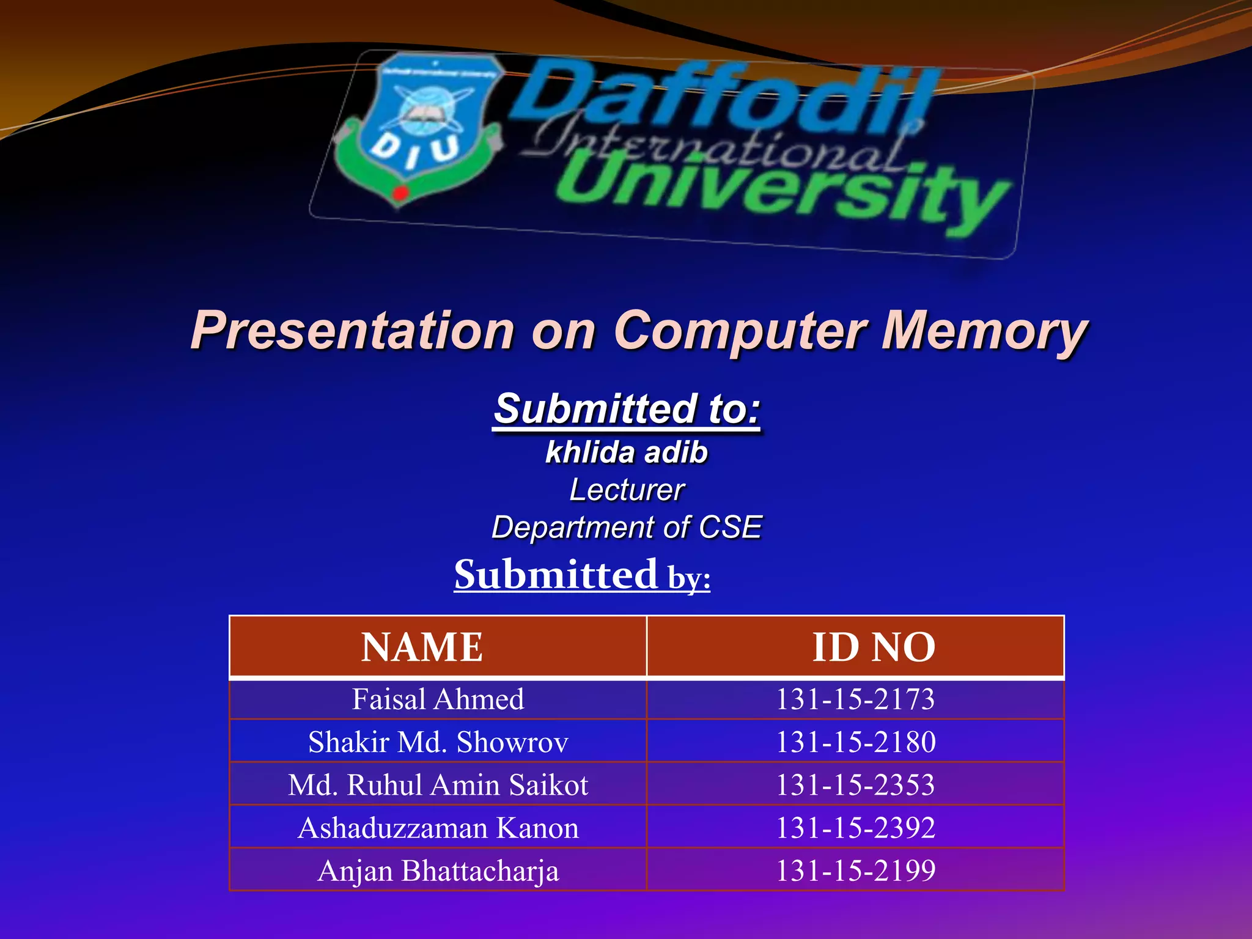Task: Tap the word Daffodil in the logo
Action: point(721,98)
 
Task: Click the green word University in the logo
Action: point(782,193)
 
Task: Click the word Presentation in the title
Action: point(353,331)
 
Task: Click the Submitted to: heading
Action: point(627,409)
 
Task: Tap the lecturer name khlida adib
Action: point(627,452)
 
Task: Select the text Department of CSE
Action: point(627,527)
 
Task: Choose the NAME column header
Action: point(422,647)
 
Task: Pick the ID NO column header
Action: point(874,647)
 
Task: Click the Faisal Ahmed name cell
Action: point(438,699)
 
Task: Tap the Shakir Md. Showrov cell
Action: point(438,742)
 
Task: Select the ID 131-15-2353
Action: point(855,785)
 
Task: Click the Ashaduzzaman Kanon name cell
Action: point(438,828)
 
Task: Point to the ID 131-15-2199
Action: point(855,871)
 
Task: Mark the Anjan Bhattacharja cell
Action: point(438,871)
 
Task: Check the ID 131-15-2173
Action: point(855,699)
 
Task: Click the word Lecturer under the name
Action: point(627,490)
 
